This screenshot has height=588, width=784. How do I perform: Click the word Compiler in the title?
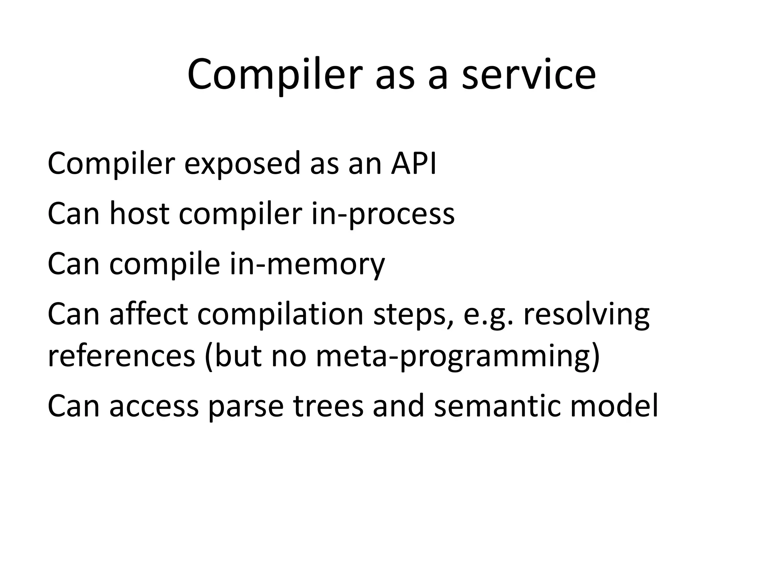(274, 75)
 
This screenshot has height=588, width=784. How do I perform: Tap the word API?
(413, 163)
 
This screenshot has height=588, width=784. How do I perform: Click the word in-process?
(382, 214)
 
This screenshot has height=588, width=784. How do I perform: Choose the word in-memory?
(307, 264)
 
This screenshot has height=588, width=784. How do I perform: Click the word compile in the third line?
(165, 264)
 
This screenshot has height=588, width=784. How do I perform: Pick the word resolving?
(586, 315)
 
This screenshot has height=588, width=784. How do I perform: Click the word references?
(121, 356)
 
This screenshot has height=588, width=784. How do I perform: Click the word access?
(154, 407)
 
